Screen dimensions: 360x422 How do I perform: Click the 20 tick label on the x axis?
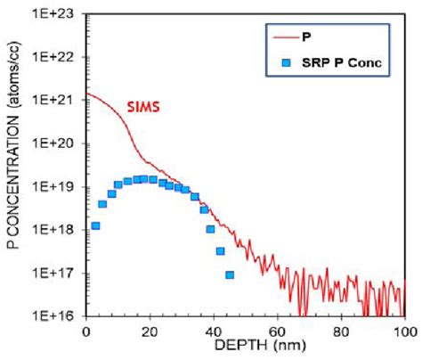click(x=150, y=331)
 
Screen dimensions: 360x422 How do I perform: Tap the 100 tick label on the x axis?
click(x=404, y=331)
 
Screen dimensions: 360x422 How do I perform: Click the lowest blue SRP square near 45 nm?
click(x=230, y=274)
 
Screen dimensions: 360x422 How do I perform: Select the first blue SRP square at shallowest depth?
click(x=95, y=226)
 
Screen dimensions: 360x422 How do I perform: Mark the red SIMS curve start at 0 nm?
click(x=86, y=94)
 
